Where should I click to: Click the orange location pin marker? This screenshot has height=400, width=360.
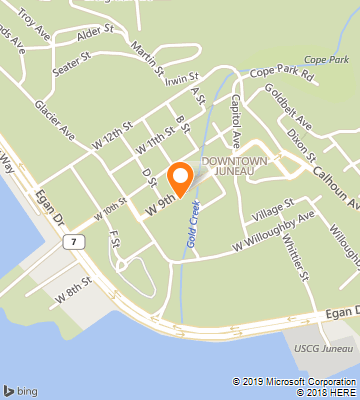coord(181,177)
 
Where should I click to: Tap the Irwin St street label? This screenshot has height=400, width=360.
coord(184,77)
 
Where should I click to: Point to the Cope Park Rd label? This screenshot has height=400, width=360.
coord(281,74)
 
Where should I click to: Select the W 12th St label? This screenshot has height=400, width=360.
coord(115,132)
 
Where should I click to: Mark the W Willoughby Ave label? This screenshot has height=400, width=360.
coord(274,230)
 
